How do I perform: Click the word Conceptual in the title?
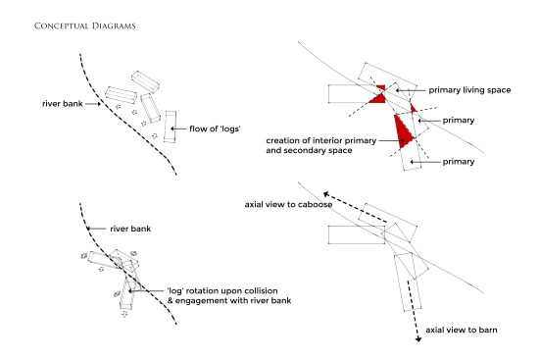[62, 26]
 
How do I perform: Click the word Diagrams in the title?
[114, 26]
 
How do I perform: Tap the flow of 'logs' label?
[215, 129]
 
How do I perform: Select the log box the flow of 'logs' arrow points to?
[171, 127]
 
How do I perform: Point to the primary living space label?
[469, 90]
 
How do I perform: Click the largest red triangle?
[403, 131]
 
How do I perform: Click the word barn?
[488, 330]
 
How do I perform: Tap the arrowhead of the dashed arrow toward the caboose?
[326, 195]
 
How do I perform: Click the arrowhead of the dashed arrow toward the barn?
[418, 339]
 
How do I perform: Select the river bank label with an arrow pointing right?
[63, 104]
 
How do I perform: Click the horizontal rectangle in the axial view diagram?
[357, 234]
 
